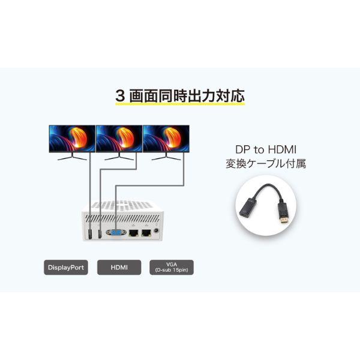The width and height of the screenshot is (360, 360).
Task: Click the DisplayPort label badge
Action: [65, 267]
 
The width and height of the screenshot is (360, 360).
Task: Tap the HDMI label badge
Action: [118, 267]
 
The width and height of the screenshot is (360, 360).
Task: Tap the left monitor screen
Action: [71, 137]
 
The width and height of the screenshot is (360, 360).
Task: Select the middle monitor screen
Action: [118, 137]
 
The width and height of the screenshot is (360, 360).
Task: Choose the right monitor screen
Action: [166, 137]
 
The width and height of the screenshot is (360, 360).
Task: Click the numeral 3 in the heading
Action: [120, 95]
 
